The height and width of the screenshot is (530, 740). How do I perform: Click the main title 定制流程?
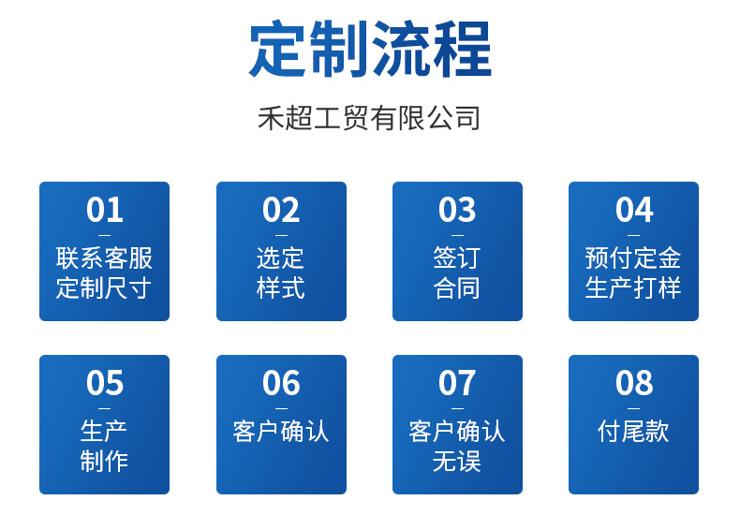coord(370,51)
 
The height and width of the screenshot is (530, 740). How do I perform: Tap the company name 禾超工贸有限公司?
coord(369,118)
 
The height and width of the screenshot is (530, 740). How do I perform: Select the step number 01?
coord(104,210)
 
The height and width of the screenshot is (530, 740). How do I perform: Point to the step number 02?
coord(281,210)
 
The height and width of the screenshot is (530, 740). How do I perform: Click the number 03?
coord(457,210)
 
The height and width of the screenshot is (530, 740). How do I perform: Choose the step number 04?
coord(633,210)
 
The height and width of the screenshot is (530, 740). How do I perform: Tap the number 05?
coord(104,383)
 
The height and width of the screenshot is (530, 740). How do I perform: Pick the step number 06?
coord(281,383)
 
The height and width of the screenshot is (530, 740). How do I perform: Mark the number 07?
coord(457,383)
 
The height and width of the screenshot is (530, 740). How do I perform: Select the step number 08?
coord(633,383)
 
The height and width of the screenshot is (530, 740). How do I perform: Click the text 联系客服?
coord(104,258)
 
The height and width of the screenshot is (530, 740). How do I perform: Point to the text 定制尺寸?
coord(104,287)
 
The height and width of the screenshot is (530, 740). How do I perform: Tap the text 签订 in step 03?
coord(457,258)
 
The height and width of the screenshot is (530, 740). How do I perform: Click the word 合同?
coord(457,287)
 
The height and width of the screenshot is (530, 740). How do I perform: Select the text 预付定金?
coord(633,258)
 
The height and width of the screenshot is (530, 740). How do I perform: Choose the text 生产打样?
coord(633,287)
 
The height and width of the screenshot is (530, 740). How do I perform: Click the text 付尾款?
coord(633,432)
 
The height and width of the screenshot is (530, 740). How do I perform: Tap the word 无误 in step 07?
coord(457,461)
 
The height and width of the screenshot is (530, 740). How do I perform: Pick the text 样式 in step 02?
coord(281,287)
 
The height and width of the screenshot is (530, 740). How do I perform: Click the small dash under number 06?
coord(281,408)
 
